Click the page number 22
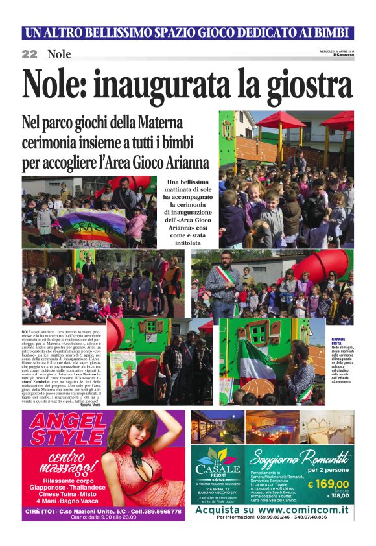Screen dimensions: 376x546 pyautogui.click(x=29, y=54)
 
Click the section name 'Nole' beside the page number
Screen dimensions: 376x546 pyautogui.click(x=59, y=54)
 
